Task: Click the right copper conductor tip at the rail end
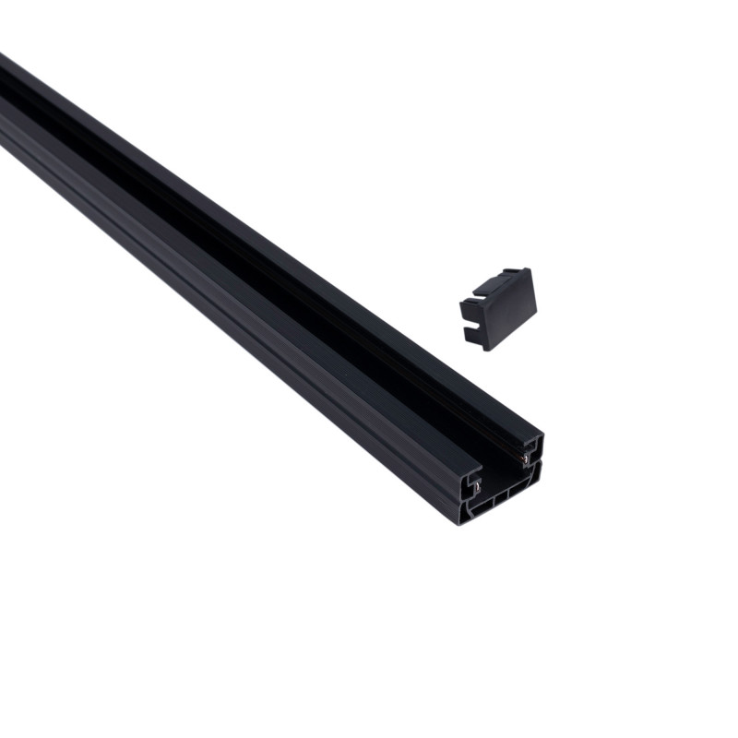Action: pyautogui.click(x=525, y=458)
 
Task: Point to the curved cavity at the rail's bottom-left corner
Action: pyautogui.click(x=466, y=513)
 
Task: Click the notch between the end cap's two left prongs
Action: pyautogui.click(x=470, y=318)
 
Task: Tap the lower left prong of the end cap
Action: pyautogui.click(x=474, y=334)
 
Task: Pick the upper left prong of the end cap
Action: pyautogui.click(x=466, y=304)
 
